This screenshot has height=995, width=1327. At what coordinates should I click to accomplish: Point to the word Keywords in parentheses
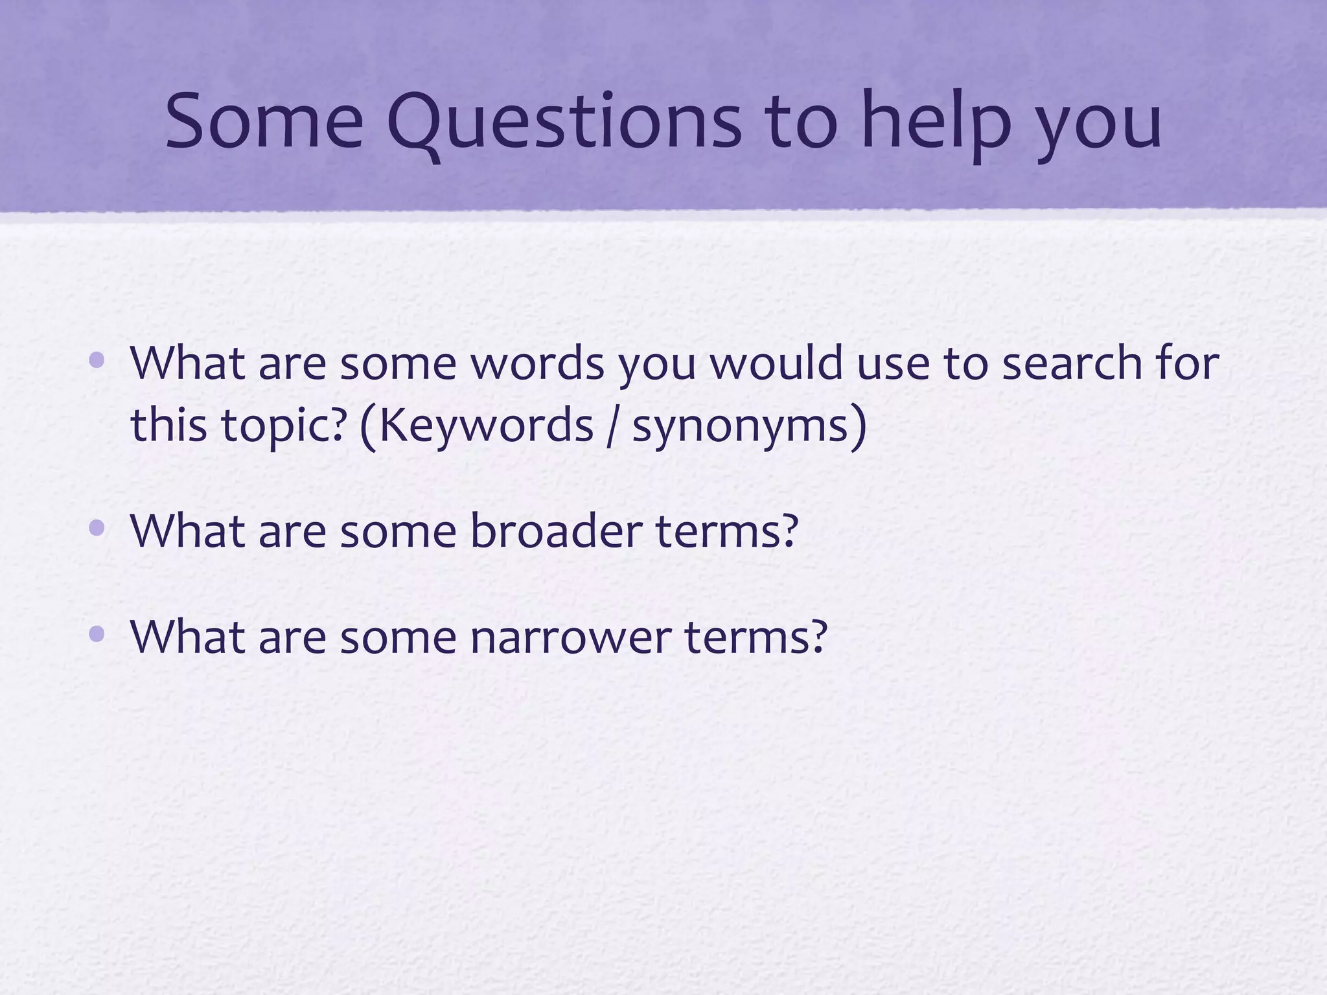pos(485,426)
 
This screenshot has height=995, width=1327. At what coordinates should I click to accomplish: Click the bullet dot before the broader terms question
pos(97,529)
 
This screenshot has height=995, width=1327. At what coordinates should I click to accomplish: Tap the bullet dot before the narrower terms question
pos(97,634)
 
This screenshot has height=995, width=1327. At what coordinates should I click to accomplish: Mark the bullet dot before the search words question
pos(97,360)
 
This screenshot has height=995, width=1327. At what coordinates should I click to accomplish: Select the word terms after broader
pos(726,530)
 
